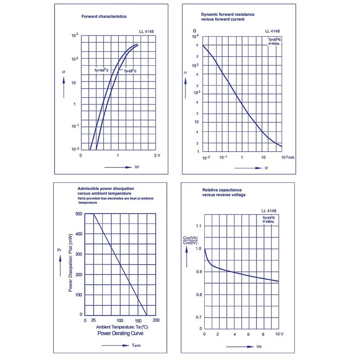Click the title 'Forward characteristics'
tap(103, 16)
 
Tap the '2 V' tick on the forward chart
tap(157, 155)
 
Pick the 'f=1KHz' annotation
tap(274, 44)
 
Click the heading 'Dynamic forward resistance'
tap(227, 14)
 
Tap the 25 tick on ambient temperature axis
tap(93, 320)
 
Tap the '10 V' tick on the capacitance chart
tap(279, 335)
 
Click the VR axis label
tap(259, 347)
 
